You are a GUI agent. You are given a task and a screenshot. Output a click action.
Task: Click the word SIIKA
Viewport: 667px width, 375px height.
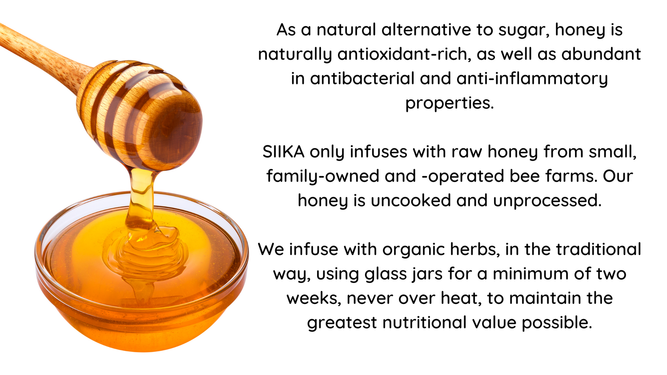(283, 152)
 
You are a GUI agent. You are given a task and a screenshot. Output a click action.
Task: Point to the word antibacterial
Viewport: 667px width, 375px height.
(362, 78)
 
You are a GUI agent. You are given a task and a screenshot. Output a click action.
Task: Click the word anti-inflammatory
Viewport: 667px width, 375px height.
(532, 79)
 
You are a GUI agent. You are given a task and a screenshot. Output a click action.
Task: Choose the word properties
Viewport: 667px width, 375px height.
(449, 104)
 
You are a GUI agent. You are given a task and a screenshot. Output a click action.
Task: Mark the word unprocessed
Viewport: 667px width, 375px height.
(547, 200)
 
